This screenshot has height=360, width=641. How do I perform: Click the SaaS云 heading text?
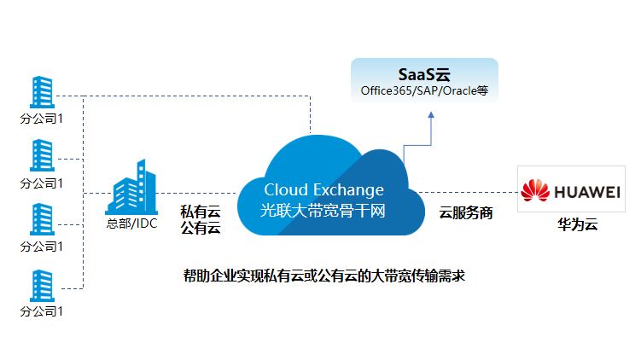tap(424, 75)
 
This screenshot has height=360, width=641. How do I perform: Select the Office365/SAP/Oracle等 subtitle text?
tap(424, 90)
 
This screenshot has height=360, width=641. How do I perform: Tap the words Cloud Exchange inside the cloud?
tap(323, 189)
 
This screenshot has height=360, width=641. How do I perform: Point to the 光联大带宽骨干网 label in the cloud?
tap(323, 210)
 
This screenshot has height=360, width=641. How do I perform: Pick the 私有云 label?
tap(201, 211)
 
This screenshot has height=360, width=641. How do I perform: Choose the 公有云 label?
tap(201, 228)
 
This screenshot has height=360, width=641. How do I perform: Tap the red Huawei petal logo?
tap(536, 192)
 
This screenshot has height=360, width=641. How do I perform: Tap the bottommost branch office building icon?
tap(42, 285)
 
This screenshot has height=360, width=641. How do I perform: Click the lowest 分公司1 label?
tap(42, 311)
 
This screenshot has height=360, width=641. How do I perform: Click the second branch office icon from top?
tap(42, 156)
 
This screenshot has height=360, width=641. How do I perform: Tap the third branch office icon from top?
tap(42, 220)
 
